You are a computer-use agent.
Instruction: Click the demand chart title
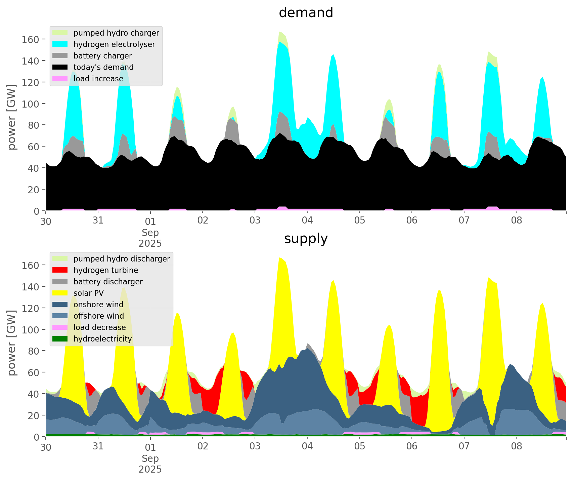click(306, 13)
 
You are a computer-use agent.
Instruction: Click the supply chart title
click(306, 239)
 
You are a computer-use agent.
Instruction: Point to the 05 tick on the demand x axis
click(359, 221)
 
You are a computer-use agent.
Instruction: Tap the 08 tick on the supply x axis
click(516, 446)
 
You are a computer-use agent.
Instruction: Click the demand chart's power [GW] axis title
click(12, 117)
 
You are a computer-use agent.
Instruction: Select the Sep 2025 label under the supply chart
click(150, 464)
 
